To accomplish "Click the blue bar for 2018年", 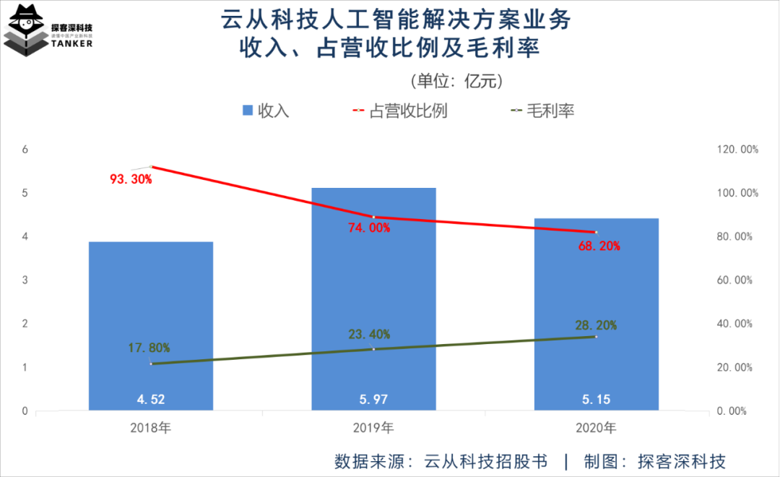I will click(151, 325).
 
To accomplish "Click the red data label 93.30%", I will click(131, 179).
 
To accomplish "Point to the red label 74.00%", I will click(368, 228).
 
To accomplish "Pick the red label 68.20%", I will click(599, 246).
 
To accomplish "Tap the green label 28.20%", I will click(596, 325).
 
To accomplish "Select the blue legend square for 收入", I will click(247, 111).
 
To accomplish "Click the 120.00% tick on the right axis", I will click(735, 150).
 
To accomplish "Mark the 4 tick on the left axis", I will click(25, 236).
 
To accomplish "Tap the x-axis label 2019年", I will click(373, 427).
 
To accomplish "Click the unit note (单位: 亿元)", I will click(454, 80).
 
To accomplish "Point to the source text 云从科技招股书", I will click(485, 461).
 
